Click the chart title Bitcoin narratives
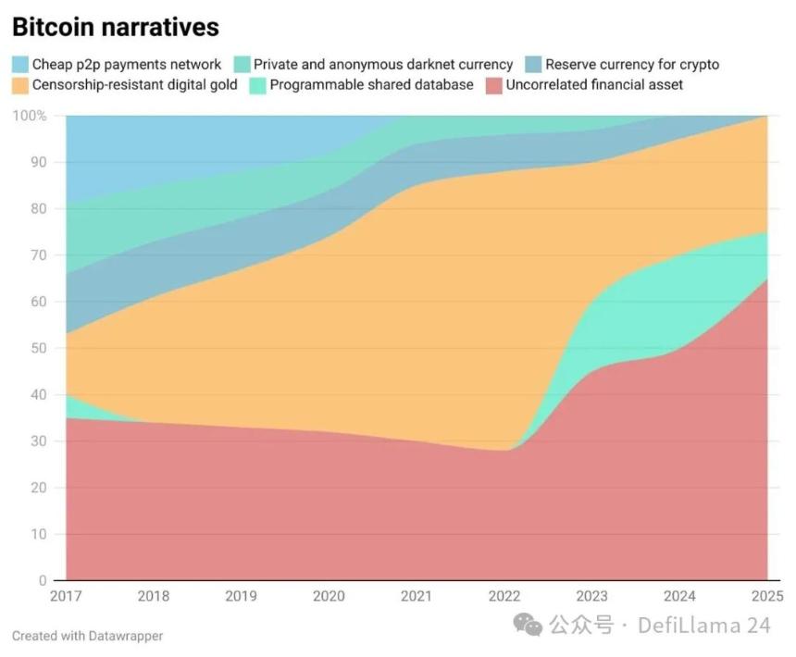tap(116, 27)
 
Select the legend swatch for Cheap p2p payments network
tap(20, 65)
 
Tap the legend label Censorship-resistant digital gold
tap(134, 85)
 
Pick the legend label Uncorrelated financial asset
tap(594, 85)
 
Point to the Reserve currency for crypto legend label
tap(631, 65)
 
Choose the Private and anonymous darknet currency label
tap(383, 65)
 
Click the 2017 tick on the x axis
tap(66, 597)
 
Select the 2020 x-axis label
tap(329, 597)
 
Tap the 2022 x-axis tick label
tap(504, 597)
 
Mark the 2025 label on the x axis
tap(767, 597)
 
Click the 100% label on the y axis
tap(30, 116)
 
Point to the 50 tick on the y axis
tap(39, 349)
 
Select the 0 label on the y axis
tap(43, 581)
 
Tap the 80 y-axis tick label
tap(39, 209)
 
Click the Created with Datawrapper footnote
tap(87, 636)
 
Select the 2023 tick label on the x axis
tap(592, 597)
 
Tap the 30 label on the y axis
tap(39, 441)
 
